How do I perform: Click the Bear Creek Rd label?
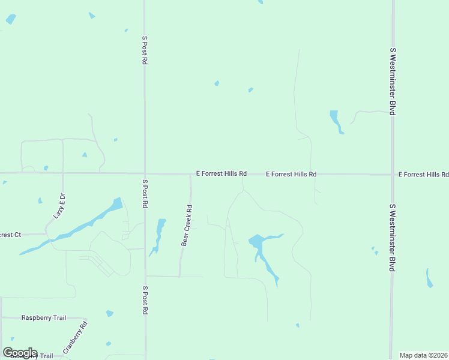[x=187, y=226]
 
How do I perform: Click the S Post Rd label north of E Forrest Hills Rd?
[x=145, y=49]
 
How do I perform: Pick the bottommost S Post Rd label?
[x=145, y=300]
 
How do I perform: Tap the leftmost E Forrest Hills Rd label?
[x=221, y=173]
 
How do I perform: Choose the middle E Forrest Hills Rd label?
[x=291, y=174]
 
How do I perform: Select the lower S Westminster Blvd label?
[x=393, y=237]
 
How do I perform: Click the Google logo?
[x=20, y=353]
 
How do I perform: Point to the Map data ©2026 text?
[x=424, y=355]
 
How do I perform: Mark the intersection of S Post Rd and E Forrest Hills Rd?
[x=145, y=173]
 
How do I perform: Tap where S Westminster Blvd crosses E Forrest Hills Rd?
[x=393, y=175]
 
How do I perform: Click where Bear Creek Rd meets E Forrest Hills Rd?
[x=190, y=174]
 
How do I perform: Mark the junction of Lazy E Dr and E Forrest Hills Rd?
[x=63, y=173]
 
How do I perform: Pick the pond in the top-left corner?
[x=11, y=19]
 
